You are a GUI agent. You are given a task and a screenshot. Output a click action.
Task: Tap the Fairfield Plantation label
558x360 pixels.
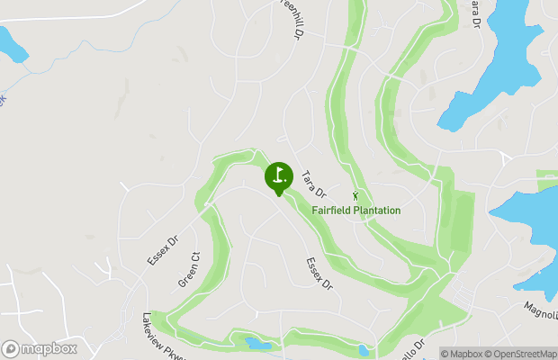[x=356, y=211]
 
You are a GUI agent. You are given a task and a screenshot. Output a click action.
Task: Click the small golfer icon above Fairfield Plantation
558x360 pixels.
[x=356, y=195]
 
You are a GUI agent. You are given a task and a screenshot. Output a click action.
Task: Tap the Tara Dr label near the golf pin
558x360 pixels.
[x=313, y=184]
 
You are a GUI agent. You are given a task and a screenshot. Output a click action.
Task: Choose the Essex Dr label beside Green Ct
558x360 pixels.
[x=163, y=251]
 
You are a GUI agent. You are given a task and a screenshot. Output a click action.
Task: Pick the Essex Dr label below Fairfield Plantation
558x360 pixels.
[x=319, y=273]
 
